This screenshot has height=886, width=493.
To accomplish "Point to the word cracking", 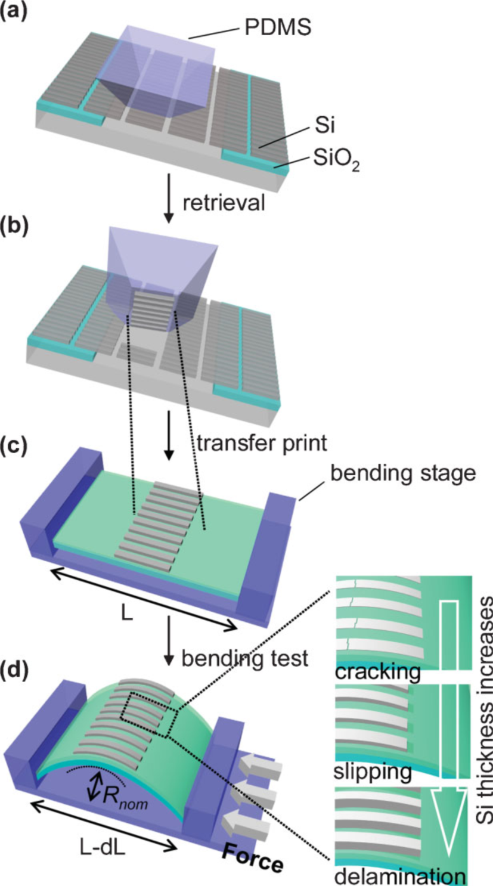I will [x=377, y=673].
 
